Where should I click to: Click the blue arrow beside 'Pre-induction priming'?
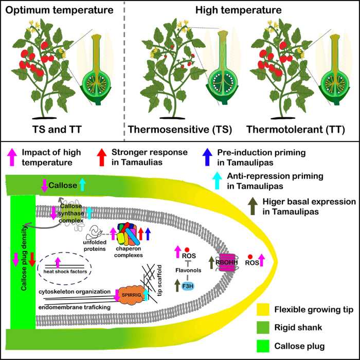click(204, 154)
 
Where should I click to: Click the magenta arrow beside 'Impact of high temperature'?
click(11, 154)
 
